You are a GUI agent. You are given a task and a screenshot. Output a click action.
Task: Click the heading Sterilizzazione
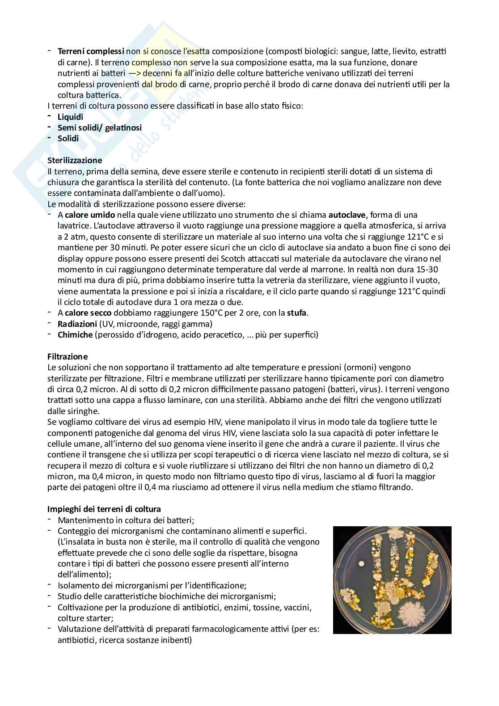coord(74,160)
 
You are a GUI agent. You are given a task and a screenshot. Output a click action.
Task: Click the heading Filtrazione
coord(68,356)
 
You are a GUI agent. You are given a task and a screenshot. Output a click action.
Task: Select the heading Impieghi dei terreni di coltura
coord(104,509)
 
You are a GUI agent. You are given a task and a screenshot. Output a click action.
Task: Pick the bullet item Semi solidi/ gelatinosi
coord(100,127)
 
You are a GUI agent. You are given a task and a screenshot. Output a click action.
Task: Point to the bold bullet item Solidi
coord(68,138)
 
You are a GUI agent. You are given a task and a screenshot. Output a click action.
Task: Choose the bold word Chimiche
coord(75,334)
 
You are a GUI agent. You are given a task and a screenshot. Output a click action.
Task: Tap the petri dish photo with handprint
coord(392,579)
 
